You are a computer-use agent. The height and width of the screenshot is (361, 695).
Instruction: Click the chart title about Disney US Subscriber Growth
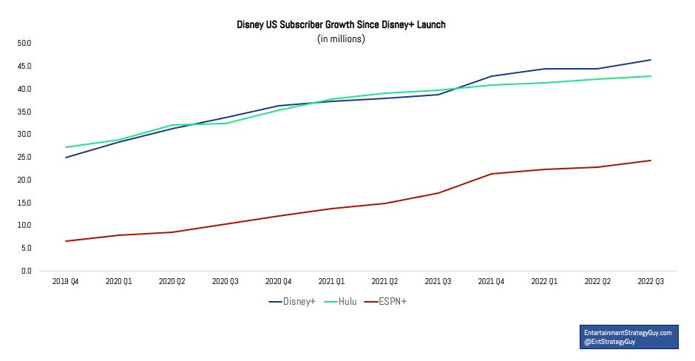[341, 25]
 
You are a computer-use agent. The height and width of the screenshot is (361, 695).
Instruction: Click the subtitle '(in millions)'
[341, 38]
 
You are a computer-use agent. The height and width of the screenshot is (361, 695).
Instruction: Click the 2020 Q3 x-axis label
[225, 282]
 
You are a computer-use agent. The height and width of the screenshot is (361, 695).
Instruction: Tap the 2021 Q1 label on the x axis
[331, 282]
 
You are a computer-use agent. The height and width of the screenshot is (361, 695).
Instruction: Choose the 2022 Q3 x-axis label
[651, 282]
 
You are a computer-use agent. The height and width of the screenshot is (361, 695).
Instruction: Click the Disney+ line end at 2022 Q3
[651, 60]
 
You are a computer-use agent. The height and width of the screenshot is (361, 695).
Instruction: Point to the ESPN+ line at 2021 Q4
[491, 174]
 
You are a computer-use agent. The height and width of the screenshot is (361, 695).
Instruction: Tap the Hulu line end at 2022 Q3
[651, 76]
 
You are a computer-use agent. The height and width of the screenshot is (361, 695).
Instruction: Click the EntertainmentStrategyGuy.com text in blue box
[627, 333]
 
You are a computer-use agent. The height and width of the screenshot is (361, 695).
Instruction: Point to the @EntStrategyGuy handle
[611, 343]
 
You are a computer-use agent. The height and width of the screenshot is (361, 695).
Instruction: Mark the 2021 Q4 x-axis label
[491, 282]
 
